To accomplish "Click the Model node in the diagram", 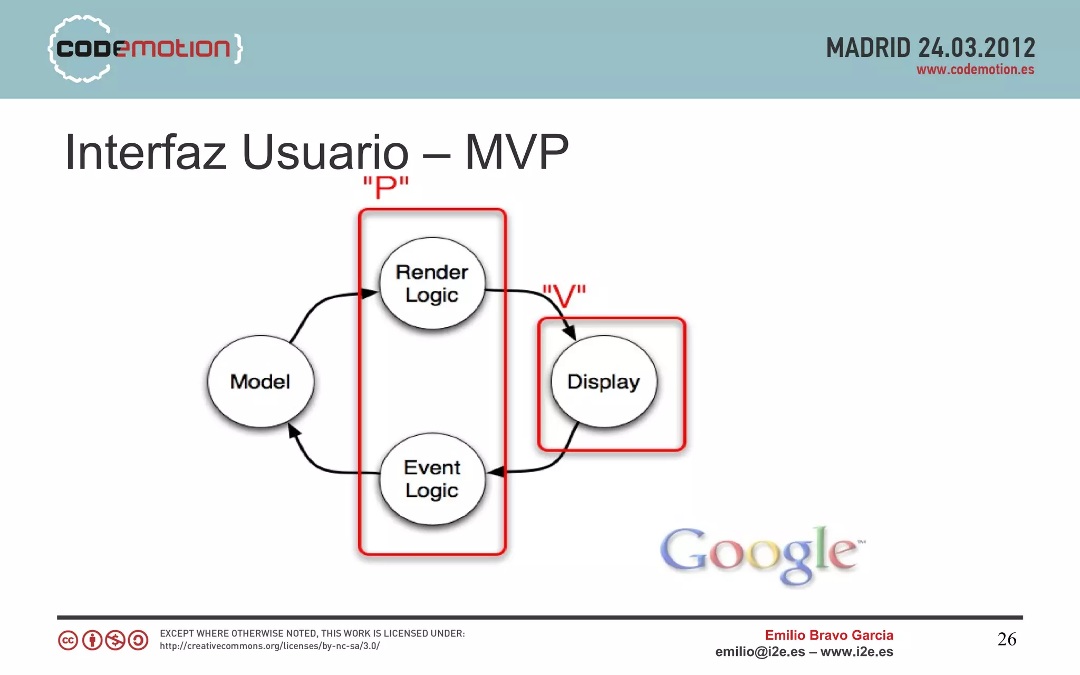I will [261, 381].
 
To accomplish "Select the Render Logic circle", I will [432, 283].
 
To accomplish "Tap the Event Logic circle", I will [432, 479].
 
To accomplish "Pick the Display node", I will [604, 381].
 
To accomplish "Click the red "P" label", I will [386, 187].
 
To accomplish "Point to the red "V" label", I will [564, 296].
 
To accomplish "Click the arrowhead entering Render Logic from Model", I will [369, 294].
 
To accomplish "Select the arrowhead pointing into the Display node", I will [569, 332].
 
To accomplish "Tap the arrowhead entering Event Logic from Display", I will [496, 472].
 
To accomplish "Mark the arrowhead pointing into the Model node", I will [294, 432].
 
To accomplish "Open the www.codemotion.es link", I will [975, 70].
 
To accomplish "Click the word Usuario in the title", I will [325, 152].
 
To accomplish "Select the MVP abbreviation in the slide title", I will [516, 152].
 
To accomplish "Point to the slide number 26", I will [1006, 639].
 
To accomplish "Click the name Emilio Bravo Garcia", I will [829, 635].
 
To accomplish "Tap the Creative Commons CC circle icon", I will [68, 641].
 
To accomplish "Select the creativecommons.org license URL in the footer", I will [269, 646].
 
